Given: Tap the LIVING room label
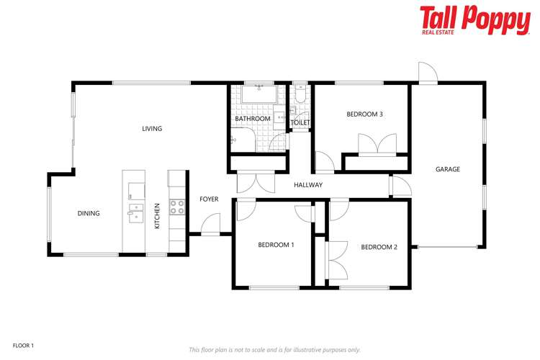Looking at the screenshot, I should (152, 129).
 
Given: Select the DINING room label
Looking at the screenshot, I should (89, 213).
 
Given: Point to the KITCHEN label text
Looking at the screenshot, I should (158, 216).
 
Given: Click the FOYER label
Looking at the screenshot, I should (209, 199).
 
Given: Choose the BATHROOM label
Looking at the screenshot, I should (253, 119).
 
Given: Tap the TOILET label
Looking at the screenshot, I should (300, 123).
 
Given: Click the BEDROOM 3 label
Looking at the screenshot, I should (364, 114).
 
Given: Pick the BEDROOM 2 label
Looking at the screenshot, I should (379, 247).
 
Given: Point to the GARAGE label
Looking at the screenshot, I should (447, 169).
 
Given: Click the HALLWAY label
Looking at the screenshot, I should (308, 185).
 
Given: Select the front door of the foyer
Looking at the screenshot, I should (210, 226).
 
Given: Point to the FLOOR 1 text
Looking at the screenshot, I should (23, 346).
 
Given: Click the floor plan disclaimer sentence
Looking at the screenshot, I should (274, 349).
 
